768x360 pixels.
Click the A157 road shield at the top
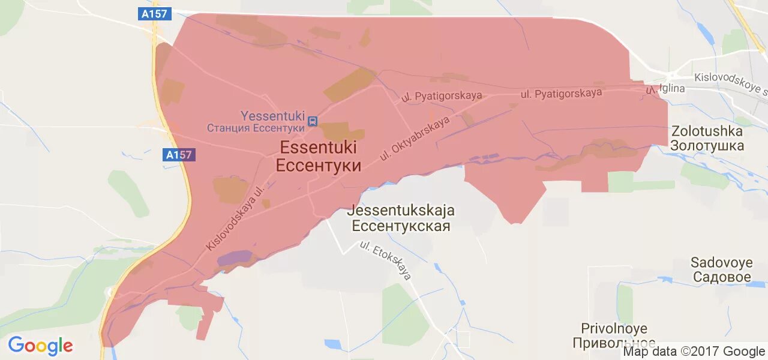click(x=155, y=14)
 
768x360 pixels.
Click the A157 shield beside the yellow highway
click(x=179, y=155)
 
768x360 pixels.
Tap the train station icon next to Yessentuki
click(x=313, y=122)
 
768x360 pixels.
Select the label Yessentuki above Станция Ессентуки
click(x=272, y=116)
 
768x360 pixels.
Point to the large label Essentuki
click(x=318, y=147)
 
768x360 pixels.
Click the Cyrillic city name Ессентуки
click(x=319, y=165)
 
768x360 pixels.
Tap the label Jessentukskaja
click(x=401, y=211)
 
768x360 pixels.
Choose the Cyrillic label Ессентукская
click(x=401, y=226)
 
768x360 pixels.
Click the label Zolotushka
click(x=707, y=131)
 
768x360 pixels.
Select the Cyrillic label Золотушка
click(x=707, y=145)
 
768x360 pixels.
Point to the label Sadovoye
click(x=721, y=262)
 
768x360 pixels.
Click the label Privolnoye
click(x=614, y=328)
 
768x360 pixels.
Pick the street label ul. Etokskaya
click(x=386, y=260)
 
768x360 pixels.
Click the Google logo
click(x=40, y=346)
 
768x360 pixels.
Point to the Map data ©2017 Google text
click(x=694, y=352)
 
